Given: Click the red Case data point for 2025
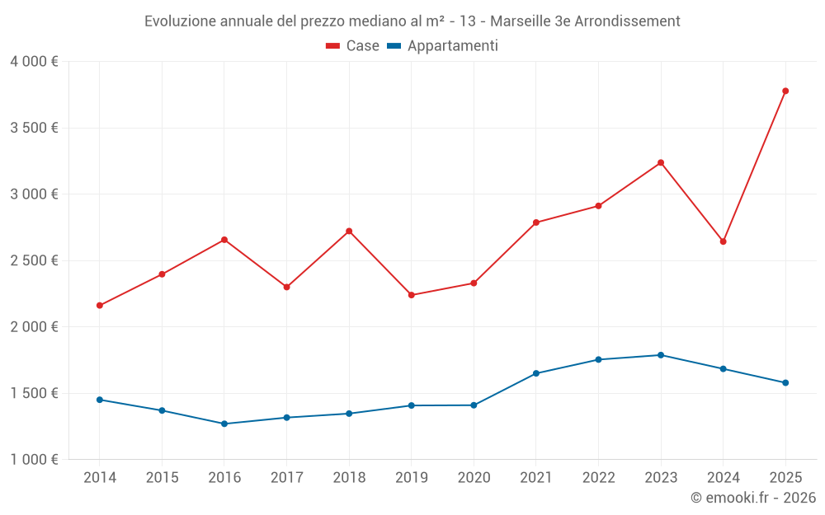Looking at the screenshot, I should pos(785,91).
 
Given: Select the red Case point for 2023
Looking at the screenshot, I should pos(661,162).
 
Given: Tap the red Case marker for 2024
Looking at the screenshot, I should pos(723,241).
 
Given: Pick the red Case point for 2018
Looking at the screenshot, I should pos(349,231).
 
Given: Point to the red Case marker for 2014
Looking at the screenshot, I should pos(100,305).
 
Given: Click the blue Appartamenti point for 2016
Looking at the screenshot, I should pos(224,424).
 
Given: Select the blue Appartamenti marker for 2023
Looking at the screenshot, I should pos(661,355).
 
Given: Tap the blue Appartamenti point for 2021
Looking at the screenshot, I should pos(536,373).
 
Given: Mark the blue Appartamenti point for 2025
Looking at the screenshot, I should pos(785,382).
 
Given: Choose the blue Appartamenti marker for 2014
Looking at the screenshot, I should pos(100,400).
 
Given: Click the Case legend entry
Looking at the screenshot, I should pos(353,46).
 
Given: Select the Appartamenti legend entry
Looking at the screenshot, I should pos(443,46).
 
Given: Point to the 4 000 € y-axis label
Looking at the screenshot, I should pos(34,62).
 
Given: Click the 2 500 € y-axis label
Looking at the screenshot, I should pos(34,260).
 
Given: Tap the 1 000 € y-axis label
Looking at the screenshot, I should pos(34,459).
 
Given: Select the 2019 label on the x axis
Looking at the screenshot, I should pos(411,477).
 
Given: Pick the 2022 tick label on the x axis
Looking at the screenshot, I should pos(598,477).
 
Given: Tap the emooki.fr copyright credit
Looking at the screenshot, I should pos(752,498).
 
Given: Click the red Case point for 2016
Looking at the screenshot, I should pos(224,240).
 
